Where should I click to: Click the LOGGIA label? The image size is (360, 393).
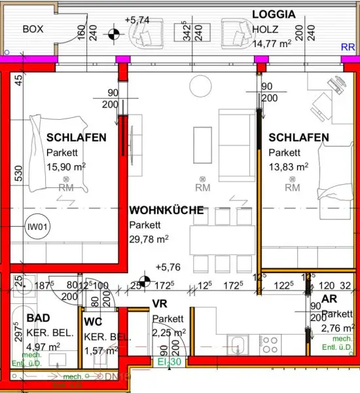(x=274, y=14)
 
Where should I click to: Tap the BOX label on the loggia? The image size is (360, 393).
(x=33, y=29)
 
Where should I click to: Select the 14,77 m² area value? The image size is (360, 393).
(x=270, y=45)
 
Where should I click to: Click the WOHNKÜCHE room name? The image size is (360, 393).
(x=166, y=211)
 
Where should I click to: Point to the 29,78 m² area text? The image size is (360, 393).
(x=149, y=239)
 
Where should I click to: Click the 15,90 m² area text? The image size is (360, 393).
(x=66, y=167)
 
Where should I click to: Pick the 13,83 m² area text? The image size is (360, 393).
(x=288, y=167)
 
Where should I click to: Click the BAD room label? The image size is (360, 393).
(x=38, y=318)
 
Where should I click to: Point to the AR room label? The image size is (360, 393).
(x=329, y=299)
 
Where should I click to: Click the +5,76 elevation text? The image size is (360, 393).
(x=168, y=267)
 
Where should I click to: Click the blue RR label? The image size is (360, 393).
(x=348, y=47)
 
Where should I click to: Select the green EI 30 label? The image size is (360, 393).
(x=168, y=361)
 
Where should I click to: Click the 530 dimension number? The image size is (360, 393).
(x=18, y=173)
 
